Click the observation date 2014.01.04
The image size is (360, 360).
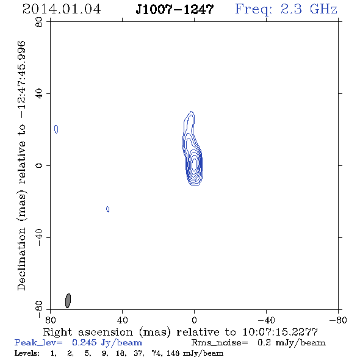pos(62,9)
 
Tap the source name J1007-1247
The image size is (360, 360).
pos(175,9)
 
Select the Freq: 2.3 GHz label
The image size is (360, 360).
pos(286,10)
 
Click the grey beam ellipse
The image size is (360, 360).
pos(68,301)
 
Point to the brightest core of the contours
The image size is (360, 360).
pos(194,164)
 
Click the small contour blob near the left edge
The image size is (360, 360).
pos(56,129)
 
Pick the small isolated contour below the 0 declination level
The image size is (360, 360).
pos(107,209)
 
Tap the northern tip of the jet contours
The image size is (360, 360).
pos(191,112)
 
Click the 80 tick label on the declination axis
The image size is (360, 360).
pos(39,22)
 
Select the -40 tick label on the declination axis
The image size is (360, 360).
pos(39,237)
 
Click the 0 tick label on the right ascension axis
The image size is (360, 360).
pos(194,320)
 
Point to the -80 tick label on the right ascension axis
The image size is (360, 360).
pos(338,320)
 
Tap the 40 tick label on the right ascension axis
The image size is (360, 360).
pos(123,320)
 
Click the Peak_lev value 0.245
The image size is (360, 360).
pos(84,342)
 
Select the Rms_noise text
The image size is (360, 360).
pos(220,342)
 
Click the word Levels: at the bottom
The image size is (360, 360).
pos(27,353)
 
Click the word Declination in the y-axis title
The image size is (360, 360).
pos(21,259)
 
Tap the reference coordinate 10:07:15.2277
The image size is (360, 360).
pos(280,332)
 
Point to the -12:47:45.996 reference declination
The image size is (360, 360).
pos(22,80)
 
